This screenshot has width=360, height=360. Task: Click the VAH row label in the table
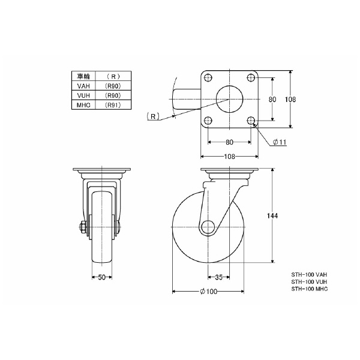pyautogui.click(x=83, y=86)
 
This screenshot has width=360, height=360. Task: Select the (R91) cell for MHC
pyautogui.click(x=113, y=105)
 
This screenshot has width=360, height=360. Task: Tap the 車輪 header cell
pyautogui.click(x=83, y=76)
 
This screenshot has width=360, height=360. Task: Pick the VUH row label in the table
pyautogui.click(x=83, y=95)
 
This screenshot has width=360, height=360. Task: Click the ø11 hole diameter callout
pyautogui.click(x=280, y=142)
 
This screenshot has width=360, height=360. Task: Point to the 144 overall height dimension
pyautogui.click(x=272, y=216)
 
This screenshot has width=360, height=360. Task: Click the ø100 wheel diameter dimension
pyautogui.click(x=208, y=292)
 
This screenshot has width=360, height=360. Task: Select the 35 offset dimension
pyautogui.click(x=219, y=277)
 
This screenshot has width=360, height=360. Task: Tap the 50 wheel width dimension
pyautogui.click(x=102, y=277)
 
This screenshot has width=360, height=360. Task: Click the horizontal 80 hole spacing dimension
pyautogui.click(x=229, y=142)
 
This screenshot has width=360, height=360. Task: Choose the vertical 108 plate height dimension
pyautogui.click(x=290, y=100)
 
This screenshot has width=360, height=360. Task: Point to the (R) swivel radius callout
pyautogui.click(x=153, y=116)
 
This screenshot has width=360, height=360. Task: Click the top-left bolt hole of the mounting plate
pyautogui.click(x=208, y=77)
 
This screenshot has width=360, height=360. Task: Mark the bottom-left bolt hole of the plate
pyautogui.click(x=208, y=121)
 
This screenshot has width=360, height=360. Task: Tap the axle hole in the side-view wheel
pyautogui.click(x=208, y=227)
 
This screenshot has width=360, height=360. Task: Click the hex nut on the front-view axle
pyautogui.click(x=83, y=227)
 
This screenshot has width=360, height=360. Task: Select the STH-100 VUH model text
pyautogui.click(x=309, y=282)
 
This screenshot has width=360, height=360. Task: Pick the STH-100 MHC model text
pyautogui.click(x=310, y=289)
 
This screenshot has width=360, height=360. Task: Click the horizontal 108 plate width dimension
pyautogui.click(x=230, y=157)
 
